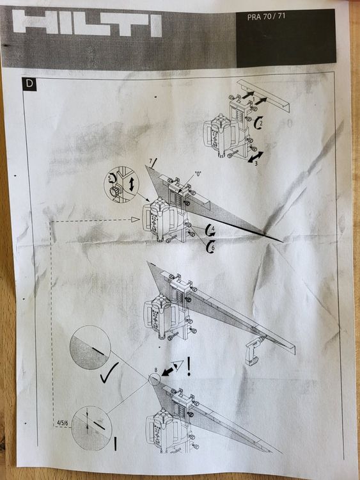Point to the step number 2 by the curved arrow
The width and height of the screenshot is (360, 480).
point(260,120)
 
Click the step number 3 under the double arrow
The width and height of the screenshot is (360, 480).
point(254,164)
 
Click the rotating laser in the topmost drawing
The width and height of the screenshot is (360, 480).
point(221,132)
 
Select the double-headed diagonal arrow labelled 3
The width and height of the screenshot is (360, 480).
point(254,156)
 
